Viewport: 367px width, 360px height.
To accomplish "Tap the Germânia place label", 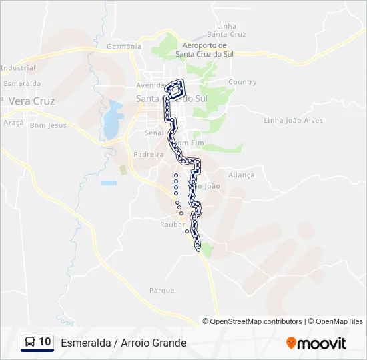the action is [x=124, y=47].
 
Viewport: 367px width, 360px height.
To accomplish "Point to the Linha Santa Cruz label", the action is [x=226, y=30].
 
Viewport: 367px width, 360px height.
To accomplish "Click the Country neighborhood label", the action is [x=242, y=82].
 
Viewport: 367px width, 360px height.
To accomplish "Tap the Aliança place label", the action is [x=241, y=175].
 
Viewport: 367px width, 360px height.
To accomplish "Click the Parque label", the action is [x=161, y=291].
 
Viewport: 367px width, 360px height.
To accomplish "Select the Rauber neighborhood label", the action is [x=171, y=225].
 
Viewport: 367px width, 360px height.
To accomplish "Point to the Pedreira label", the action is [x=148, y=154].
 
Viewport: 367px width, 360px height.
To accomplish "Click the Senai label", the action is [x=153, y=133].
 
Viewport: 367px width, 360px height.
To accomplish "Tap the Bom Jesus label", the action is [x=49, y=125].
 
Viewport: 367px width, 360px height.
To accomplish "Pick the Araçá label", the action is [x=13, y=123].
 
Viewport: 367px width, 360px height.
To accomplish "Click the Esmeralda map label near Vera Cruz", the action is [x=22, y=84].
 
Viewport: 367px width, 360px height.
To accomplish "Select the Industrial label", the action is [x=18, y=68].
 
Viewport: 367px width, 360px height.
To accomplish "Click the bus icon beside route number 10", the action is [x=30, y=342].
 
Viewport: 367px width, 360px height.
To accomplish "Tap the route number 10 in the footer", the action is [x=45, y=342].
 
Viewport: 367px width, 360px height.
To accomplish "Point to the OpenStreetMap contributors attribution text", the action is [x=256, y=321].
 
